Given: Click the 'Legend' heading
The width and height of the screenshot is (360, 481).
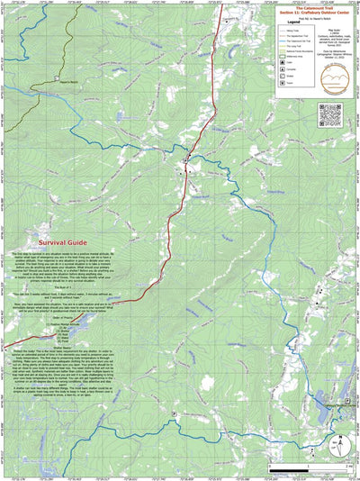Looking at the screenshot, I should pos(289,23).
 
